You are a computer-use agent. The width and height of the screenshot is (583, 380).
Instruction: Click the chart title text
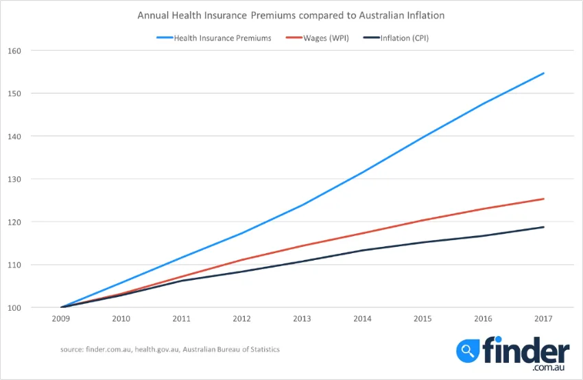click(x=291, y=14)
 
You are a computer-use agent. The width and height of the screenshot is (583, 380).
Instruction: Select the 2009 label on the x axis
click(x=62, y=320)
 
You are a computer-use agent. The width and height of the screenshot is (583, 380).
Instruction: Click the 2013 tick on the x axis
click(x=302, y=320)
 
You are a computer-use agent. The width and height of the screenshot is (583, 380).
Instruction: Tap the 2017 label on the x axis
click(x=543, y=320)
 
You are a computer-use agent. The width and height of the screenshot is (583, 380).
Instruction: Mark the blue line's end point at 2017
click(x=543, y=73)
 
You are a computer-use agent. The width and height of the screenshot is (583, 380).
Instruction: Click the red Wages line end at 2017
click(x=543, y=199)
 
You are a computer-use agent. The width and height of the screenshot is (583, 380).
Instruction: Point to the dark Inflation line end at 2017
click(x=543, y=227)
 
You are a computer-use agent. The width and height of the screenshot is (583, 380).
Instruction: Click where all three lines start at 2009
click(x=62, y=307)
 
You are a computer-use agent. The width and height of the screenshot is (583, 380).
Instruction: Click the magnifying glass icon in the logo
click(x=468, y=352)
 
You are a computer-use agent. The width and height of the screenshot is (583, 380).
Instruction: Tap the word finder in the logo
click(x=526, y=350)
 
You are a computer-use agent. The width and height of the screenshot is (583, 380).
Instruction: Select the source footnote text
click(x=169, y=349)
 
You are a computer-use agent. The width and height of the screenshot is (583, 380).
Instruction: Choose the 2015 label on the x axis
click(x=423, y=320)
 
